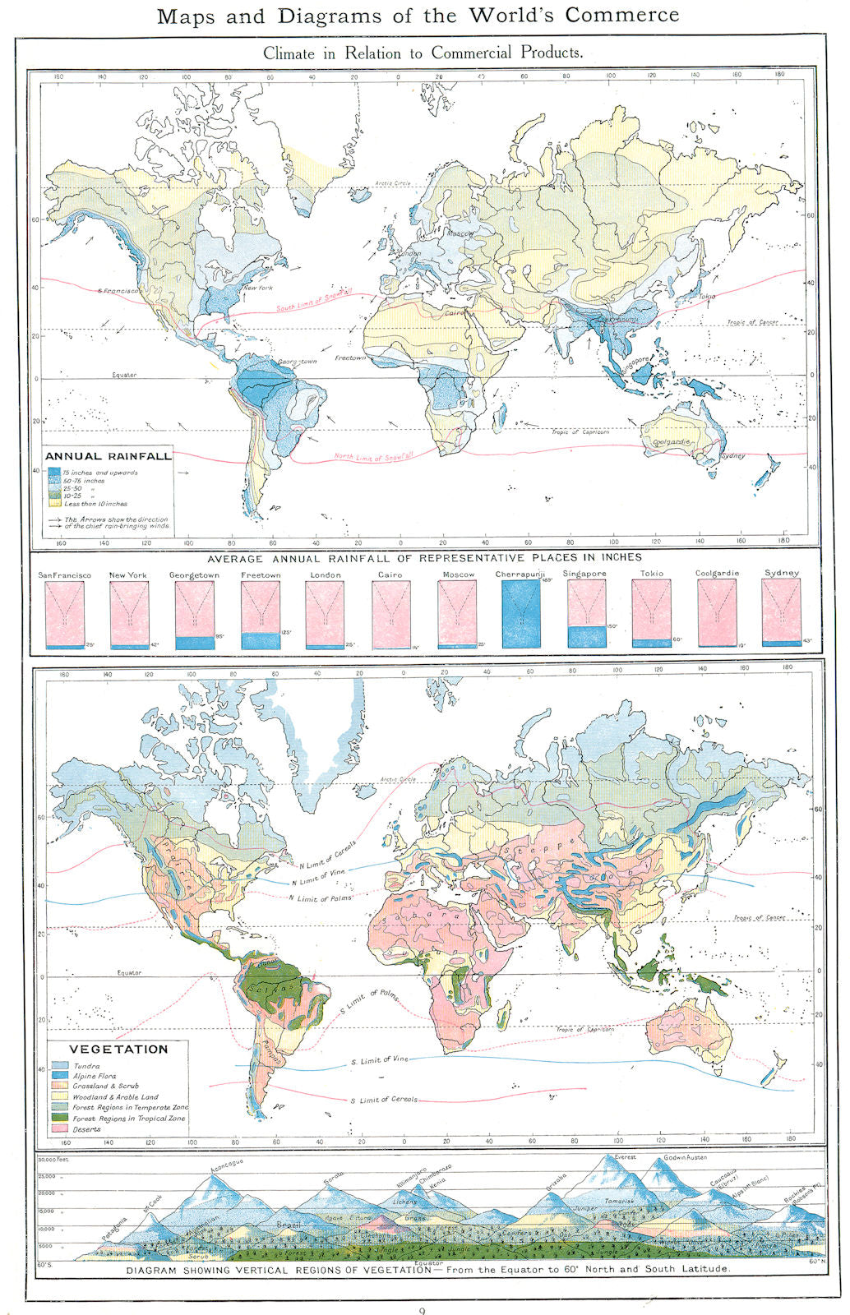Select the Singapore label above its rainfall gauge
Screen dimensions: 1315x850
[584, 574]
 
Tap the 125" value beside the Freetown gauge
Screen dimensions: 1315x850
[286, 632]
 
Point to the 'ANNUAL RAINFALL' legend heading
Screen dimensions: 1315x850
[109, 456]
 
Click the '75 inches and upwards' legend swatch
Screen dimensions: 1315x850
[54, 473]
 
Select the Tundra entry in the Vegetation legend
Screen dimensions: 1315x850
[86, 1066]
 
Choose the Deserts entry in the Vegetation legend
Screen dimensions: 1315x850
[86, 1129]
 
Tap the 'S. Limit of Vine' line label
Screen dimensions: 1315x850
[380, 1060]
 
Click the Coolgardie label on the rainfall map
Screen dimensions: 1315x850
[671, 442]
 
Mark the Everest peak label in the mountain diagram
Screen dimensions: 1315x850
[626, 1156]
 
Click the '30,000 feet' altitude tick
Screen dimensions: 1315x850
[53, 1160]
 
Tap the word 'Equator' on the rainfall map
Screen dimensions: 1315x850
[124, 375]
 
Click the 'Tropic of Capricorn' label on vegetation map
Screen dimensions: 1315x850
[584, 1029]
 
